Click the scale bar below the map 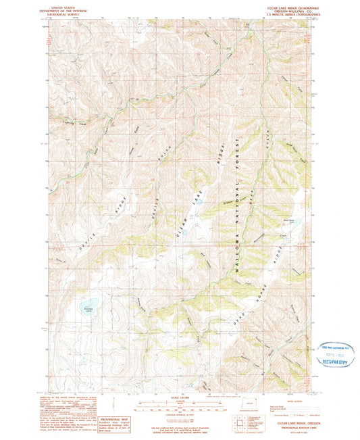[180, 408]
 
